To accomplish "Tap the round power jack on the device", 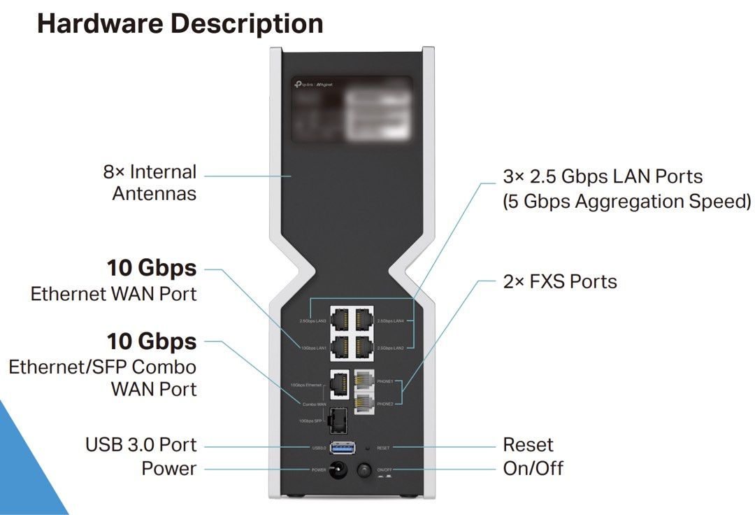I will tap(340, 470).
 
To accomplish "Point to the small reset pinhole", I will tap(368, 447).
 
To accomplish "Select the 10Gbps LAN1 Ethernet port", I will tap(339, 346).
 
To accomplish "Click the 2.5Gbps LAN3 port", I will tap(339, 320).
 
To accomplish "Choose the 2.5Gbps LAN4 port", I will tap(364, 320).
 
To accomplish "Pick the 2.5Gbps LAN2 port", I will tap(364, 346).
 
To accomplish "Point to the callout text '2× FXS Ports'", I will tap(560, 281).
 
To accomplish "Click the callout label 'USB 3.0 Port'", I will tap(141, 444).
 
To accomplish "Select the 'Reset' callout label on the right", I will tap(528, 444).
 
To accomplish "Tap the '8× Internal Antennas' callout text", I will tap(150, 182).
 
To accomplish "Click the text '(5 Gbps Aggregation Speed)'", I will tap(626, 202).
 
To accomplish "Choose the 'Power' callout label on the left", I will tap(168, 468).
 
